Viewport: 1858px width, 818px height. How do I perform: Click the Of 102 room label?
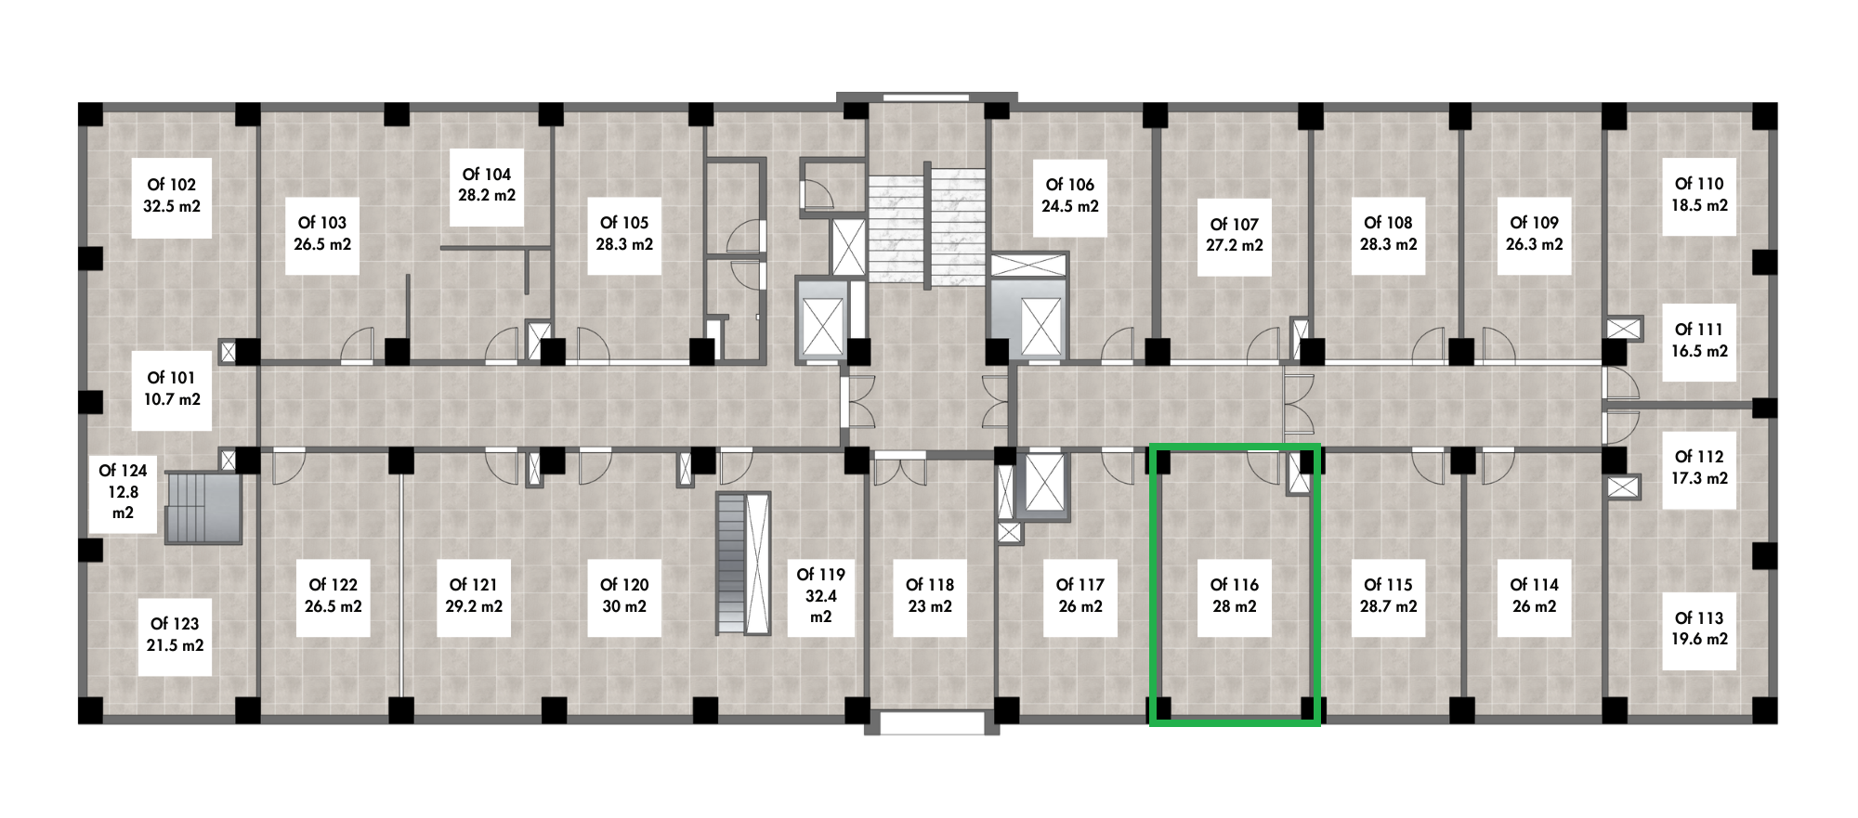172,185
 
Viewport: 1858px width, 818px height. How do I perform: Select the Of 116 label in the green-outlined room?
1234,585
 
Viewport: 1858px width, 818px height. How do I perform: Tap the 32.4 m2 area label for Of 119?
821,606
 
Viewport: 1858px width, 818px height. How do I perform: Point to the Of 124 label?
123,471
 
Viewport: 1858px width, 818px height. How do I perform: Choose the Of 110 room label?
1699,184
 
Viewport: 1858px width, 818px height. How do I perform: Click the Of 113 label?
1699,618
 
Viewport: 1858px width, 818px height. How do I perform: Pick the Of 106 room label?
1069,185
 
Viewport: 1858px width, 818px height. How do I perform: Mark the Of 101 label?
172,378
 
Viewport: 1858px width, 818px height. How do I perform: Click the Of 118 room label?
930,585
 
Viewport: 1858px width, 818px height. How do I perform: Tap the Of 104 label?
487,175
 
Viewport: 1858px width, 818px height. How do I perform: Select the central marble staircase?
926,227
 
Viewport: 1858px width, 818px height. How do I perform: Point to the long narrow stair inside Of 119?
743,564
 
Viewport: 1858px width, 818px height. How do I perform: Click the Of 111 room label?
1699,330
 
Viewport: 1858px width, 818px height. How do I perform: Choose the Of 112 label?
1699,457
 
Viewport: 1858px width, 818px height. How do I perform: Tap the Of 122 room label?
333,585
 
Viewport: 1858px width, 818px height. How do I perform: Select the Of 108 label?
1388,223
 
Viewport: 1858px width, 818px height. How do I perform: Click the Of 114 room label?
1534,585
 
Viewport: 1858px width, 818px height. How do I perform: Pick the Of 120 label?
624,585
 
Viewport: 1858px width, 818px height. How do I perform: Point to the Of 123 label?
175,624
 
